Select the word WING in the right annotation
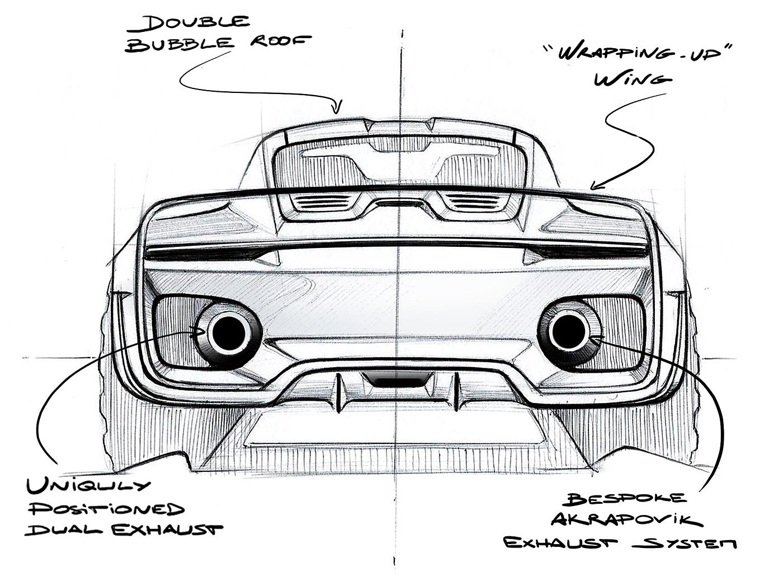(632, 79)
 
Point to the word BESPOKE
(627, 499)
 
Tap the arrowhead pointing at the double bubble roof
(337, 107)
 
